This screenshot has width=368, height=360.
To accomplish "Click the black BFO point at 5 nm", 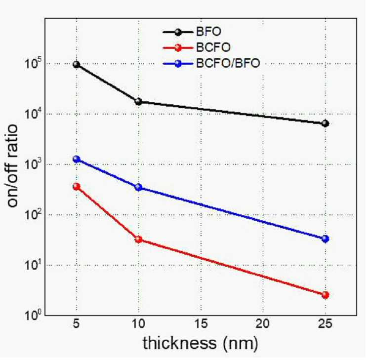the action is point(76,65).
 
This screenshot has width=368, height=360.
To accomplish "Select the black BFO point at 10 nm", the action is point(138,102).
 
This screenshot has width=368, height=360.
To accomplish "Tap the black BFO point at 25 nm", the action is point(326,123).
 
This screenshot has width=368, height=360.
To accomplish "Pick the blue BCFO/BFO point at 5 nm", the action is point(76,160).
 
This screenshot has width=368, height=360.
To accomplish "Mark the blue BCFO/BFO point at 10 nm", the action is point(138,187).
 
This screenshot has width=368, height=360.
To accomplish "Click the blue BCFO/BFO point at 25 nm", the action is point(326,239).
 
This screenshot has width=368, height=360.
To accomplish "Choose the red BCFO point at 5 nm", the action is point(76,187).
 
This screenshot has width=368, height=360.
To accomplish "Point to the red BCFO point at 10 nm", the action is point(138,240).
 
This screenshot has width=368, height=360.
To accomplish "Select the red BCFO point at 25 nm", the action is point(326,295).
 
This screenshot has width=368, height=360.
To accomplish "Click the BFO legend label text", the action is point(208,32).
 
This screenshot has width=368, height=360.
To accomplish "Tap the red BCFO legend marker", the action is point(178,47).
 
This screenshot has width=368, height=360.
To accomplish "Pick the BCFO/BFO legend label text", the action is point(228,63).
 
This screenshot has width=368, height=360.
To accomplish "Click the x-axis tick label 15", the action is point(201,324).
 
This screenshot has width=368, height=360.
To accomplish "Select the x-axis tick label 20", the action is point(262,324).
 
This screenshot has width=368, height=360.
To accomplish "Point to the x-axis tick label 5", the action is point(76,324).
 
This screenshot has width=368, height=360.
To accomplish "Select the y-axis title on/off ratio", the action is point(12,166).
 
